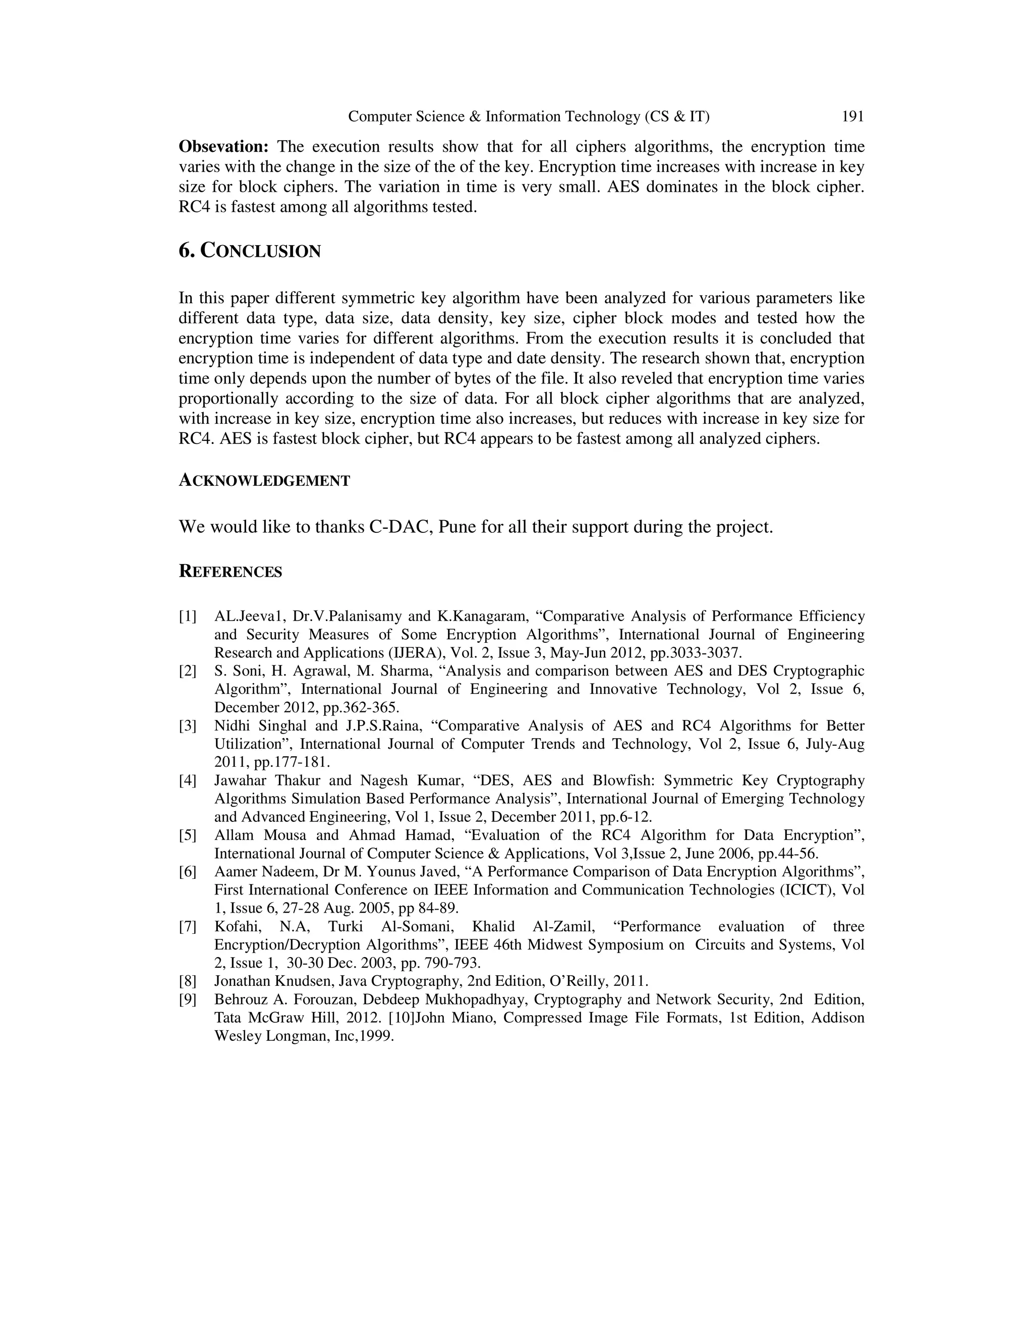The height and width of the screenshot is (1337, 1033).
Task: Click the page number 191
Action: click(x=852, y=117)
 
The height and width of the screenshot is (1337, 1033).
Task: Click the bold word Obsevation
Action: click(x=223, y=147)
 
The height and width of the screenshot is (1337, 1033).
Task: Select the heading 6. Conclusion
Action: click(x=249, y=251)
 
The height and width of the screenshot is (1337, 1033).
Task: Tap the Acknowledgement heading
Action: click(x=264, y=481)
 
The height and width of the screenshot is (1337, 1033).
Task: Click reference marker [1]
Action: click(x=188, y=616)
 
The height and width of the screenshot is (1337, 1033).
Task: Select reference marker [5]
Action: click(x=188, y=835)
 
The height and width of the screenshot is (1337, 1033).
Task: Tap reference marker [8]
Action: click(x=188, y=981)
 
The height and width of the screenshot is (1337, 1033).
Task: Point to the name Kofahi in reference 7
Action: click(x=235, y=927)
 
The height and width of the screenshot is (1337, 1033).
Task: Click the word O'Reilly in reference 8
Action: click(x=580, y=981)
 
